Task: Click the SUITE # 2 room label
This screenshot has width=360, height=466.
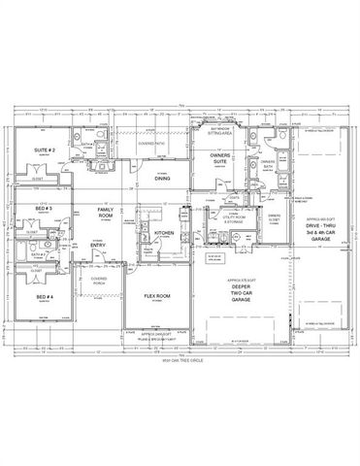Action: [x=43, y=151]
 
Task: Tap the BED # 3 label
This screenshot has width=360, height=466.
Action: [x=43, y=210]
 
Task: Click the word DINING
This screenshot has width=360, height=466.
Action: [x=162, y=178]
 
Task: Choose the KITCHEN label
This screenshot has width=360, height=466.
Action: [x=162, y=233]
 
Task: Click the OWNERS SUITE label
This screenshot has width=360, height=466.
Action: [x=219, y=158]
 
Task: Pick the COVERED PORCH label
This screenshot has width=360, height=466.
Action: [x=99, y=281]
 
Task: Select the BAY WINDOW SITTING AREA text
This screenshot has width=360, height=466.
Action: [x=220, y=130]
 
